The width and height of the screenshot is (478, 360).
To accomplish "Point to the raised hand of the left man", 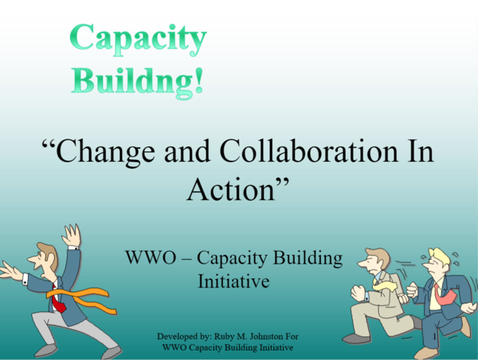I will click(x=72, y=237).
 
